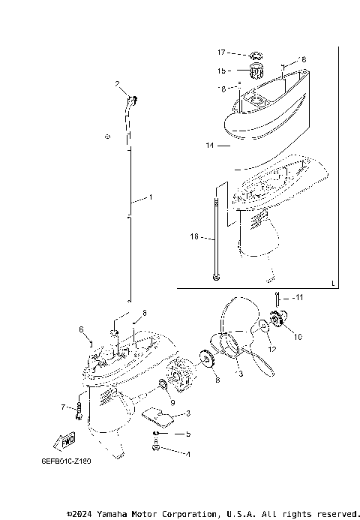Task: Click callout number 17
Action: [221, 53]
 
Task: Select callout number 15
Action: [221, 71]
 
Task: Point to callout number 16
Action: [193, 236]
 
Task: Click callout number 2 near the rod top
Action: [118, 85]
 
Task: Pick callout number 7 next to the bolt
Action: [64, 407]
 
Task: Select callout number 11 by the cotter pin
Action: [298, 298]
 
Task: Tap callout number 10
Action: [298, 337]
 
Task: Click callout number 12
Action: [271, 350]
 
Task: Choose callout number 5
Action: [188, 434]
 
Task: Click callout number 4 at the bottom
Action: [188, 454]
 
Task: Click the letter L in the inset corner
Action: [332, 283]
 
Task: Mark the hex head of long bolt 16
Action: [216, 279]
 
